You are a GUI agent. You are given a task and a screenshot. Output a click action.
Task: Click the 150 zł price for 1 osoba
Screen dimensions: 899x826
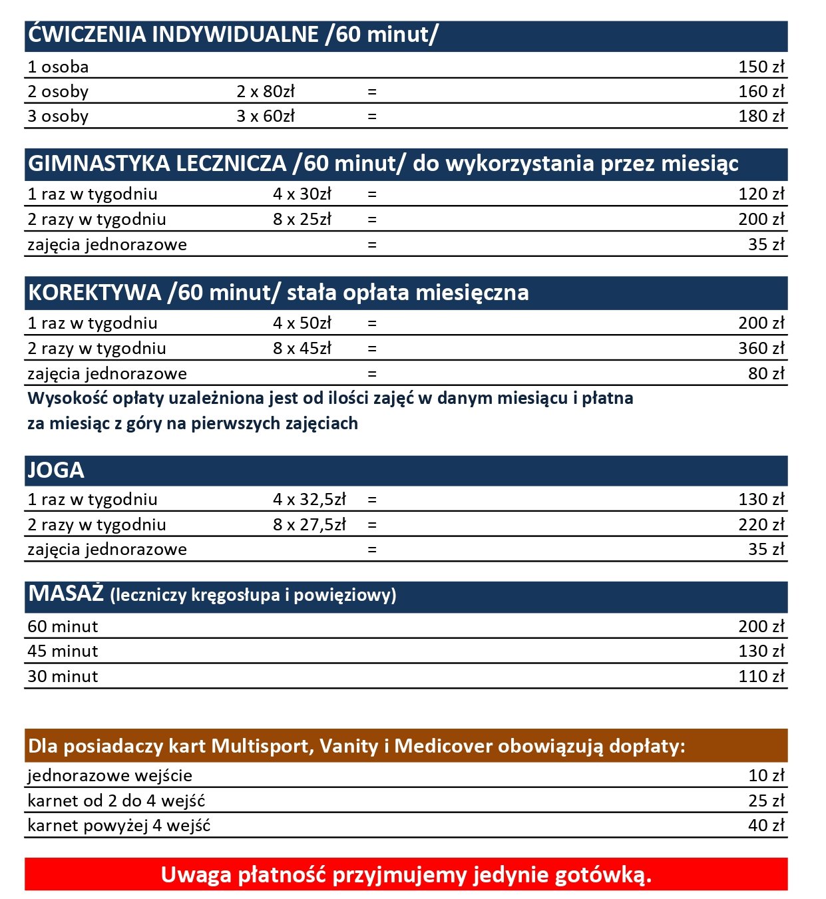pyautogui.click(x=761, y=67)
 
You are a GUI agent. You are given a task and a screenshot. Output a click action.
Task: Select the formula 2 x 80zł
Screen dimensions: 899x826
pyautogui.click(x=265, y=91)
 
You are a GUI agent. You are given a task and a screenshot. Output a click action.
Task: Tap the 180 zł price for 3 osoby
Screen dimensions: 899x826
pyautogui.click(x=761, y=116)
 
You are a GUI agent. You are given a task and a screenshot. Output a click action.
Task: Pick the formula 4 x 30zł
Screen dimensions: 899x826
pyautogui.click(x=302, y=194)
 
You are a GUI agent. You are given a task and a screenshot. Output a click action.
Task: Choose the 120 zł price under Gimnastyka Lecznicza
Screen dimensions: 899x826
pyautogui.click(x=761, y=194)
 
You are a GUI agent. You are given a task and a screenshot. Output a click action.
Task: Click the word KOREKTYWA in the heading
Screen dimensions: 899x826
pyautogui.click(x=95, y=293)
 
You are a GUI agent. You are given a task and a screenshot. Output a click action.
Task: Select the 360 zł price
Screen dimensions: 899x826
pyautogui.click(x=761, y=348)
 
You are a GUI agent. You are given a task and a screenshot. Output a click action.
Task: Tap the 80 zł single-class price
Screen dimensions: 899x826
pyautogui.click(x=766, y=373)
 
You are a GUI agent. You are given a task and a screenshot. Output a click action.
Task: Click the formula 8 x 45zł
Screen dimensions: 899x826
pyautogui.click(x=302, y=348)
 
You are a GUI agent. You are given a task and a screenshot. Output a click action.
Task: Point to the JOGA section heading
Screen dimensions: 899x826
pyautogui.click(x=56, y=470)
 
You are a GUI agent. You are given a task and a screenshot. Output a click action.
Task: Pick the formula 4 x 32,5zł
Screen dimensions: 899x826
pyautogui.click(x=309, y=499)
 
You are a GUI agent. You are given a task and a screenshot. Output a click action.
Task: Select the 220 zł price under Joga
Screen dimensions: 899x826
pyautogui.click(x=761, y=524)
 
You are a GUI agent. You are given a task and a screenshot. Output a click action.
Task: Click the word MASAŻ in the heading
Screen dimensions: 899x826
pyautogui.click(x=65, y=594)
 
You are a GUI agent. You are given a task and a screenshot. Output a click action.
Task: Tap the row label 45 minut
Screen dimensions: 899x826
pyautogui.click(x=63, y=651)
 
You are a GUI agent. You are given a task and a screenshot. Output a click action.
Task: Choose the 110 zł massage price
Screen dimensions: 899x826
pyautogui.click(x=761, y=676)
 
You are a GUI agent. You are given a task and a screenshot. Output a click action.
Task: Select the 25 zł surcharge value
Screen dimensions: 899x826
pyautogui.click(x=766, y=801)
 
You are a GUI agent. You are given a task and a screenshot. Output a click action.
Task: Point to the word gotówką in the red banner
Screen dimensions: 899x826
pyautogui.click(x=602, y=875)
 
